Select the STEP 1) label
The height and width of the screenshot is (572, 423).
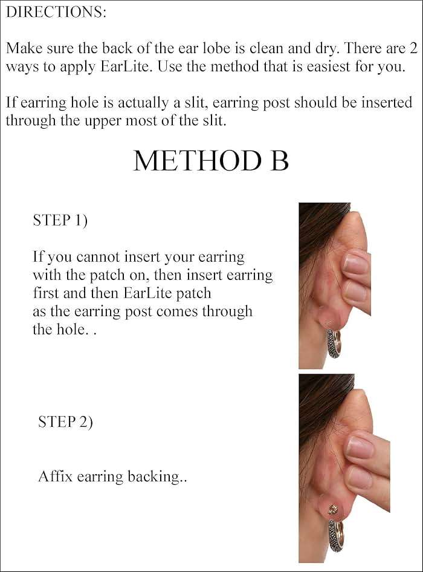pyautogui.click(x=60, y=221)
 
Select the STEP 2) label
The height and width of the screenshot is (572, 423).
pyautogui.click(x=65, y=421)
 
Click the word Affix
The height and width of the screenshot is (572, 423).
pyautogui.click(x=56, y=476)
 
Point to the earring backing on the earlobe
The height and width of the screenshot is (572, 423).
pyautogui.click(x=332, y=510)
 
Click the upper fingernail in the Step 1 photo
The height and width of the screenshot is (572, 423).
pyautogui.click(x=356, y=264)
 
